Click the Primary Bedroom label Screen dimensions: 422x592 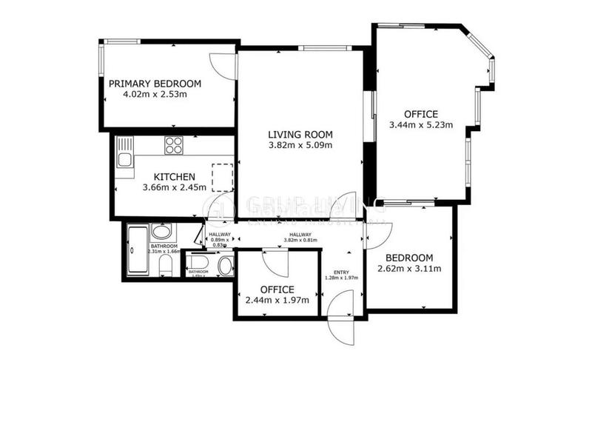click(x=155, y=84)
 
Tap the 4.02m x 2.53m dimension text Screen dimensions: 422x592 click(x=155, y=95)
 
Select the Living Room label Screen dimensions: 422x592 click(x=300, y=135)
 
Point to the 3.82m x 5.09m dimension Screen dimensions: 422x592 click(x=300, y=145)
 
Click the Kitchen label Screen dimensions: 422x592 click(x=174, y=176)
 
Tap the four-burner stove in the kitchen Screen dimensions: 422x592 click(x=174, y=146)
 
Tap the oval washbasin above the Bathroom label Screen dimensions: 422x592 click(x=161, y=232)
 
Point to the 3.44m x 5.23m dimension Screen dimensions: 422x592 click(x=421, y=125)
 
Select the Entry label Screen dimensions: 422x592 click(x=341, y=271)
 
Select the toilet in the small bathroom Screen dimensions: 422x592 click(x=223, y=266)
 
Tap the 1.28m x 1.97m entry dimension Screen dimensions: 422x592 click(x=341, y=278)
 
